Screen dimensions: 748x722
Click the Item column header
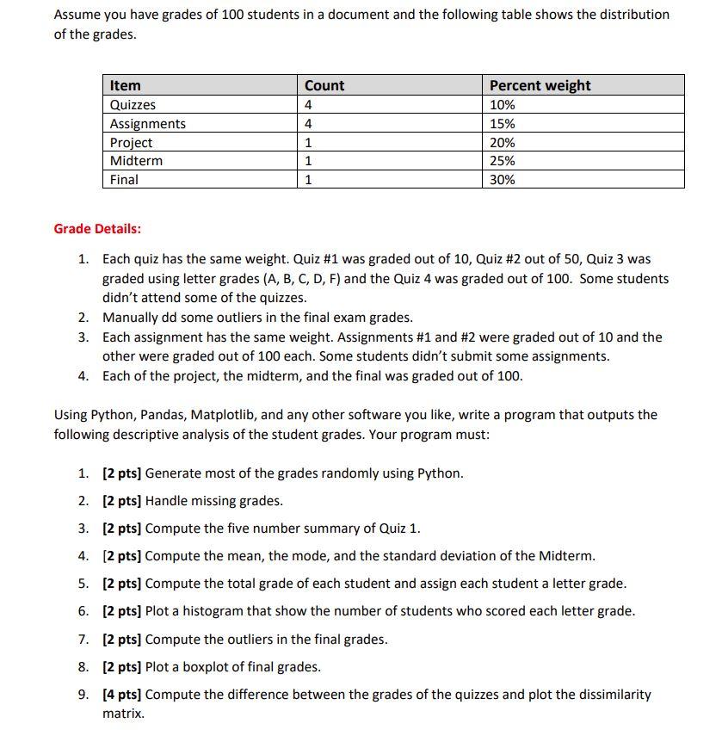click(x=126, y=85)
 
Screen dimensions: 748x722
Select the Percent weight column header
click(x=540, y=85)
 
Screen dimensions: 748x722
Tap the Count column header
click(x=324, y=85)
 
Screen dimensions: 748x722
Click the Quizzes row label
click(x=133, y=105)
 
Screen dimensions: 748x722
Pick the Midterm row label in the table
click(x=136, y=161)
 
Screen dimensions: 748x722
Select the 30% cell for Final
click(x=503, y=180)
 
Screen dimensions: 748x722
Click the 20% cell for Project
click(x=503, y=143)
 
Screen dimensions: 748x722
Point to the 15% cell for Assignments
click(x=503, y=124)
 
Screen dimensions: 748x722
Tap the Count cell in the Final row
click(x=308, y=180)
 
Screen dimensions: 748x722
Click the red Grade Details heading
click(x=97, y=229)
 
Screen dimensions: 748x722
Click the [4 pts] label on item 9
click(x=122, y=695)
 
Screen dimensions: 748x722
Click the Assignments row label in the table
click(x=147, y=124)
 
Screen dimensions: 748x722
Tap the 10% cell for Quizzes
click(x=503, y=105)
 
